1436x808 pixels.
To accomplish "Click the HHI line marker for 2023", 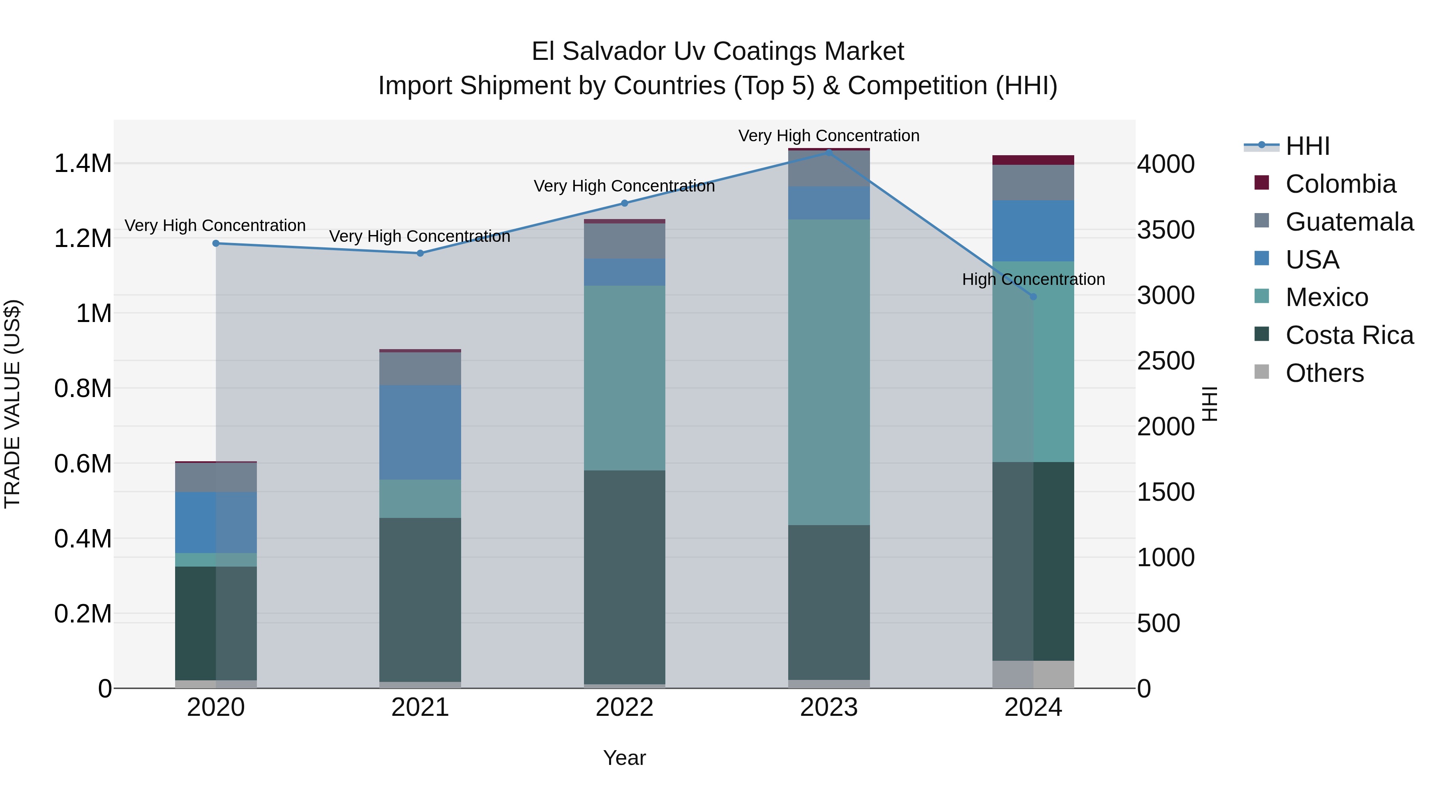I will click(x=828, y=152).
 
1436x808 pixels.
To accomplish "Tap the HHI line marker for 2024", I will click(x=1033, y=296).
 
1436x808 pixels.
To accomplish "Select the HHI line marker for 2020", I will click(x=216, y=243).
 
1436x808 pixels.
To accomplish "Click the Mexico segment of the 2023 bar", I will click(x=828, y=372).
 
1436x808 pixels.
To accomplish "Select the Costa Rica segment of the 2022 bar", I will click(x=624, y=577).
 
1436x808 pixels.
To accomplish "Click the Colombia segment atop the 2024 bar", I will click(x=1033, y=160).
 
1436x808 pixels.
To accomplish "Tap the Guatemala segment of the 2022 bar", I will click(x=624, y=241).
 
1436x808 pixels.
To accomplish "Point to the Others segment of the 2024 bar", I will click(x=1033, y=674).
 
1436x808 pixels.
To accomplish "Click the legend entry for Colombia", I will click(x=1340, y=184).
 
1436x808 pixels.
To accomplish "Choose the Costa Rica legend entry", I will click(x=1349, y=335).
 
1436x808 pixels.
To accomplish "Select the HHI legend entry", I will click(x=1307, y=146).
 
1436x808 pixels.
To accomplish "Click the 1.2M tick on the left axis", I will click(x=83, y=239).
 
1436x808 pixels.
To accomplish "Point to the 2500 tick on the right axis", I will click(x=1165, y=361).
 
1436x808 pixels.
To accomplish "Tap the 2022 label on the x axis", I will click(x=624, y=707).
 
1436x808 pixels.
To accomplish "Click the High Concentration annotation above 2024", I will click(x=1033, y=279).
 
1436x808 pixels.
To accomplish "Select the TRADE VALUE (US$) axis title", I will click(x=12, y=404).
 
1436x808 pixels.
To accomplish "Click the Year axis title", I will click(x=624, y=758).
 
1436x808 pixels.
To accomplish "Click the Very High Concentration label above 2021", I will click(x=420, y=237).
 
